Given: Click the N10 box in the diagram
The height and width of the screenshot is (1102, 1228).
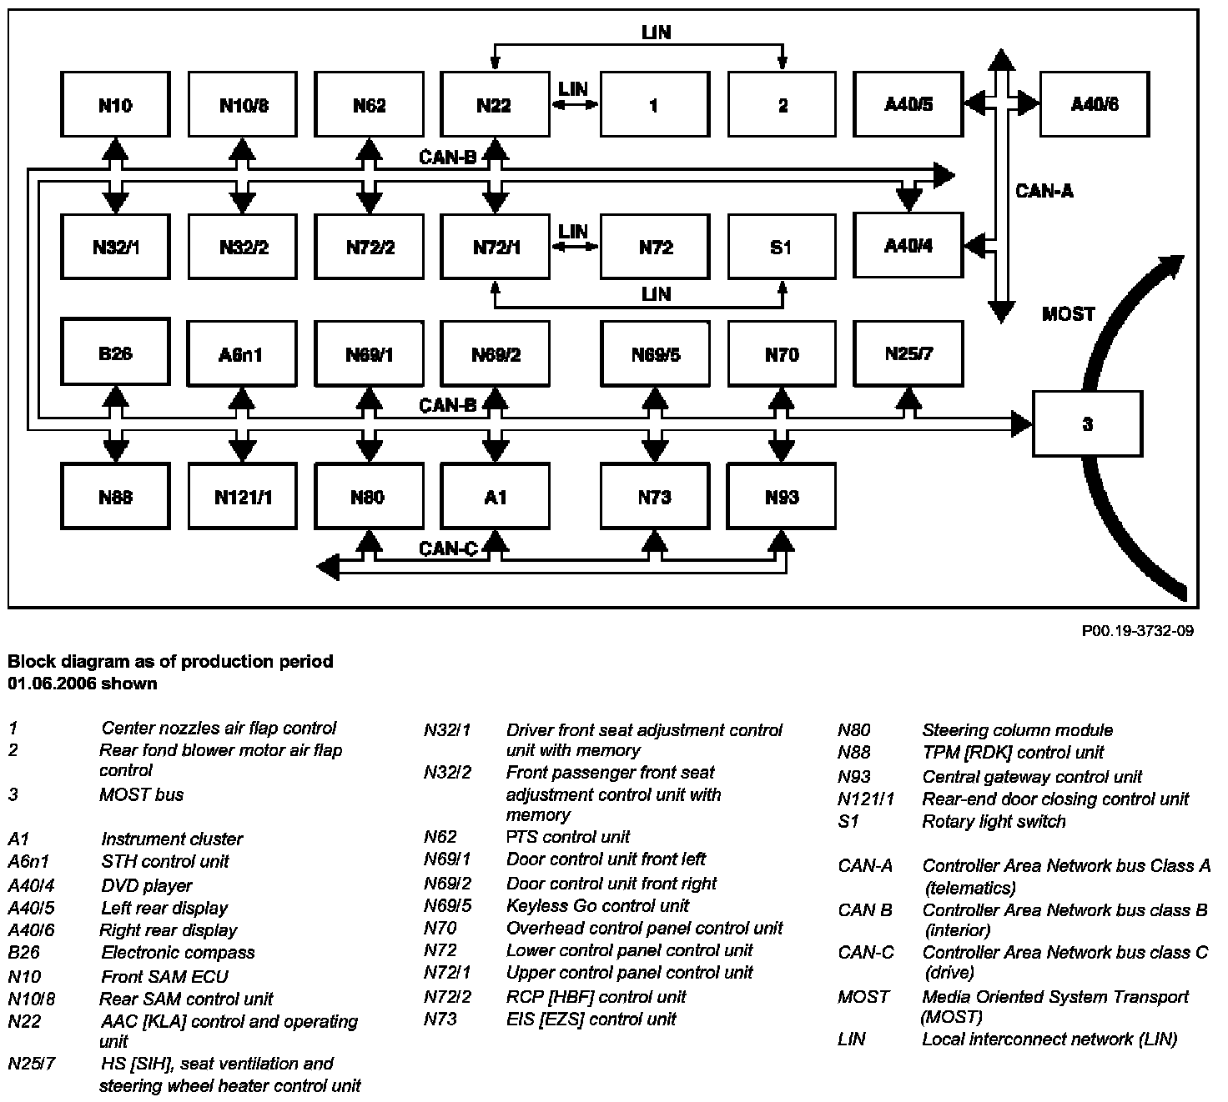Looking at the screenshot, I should click(115, 104).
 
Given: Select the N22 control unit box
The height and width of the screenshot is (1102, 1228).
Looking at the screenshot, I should click(494, 104).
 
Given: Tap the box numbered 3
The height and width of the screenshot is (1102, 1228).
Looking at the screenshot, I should click(1087, 423).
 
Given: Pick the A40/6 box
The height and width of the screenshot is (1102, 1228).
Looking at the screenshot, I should click(1094, 104).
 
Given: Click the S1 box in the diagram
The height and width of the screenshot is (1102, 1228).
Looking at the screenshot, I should click(781, 247).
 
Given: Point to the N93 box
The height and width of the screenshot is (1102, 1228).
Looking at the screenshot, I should click(781, 498).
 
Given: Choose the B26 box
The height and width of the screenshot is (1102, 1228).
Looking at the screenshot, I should click(115, 353).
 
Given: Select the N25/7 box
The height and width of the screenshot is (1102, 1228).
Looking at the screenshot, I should click(908, 353).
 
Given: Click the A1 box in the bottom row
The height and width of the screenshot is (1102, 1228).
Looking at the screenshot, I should click(494, 498).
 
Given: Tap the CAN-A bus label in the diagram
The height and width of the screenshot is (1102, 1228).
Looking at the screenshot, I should click(1044, 192).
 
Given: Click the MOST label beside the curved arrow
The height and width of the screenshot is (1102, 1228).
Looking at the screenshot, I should click(1068, 314).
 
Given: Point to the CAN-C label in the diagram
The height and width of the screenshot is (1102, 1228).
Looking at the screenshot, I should click(448, 548).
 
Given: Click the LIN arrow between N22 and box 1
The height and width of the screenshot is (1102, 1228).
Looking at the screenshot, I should click(575, 104).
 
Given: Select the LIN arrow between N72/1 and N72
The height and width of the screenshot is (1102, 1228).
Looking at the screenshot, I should click(575, 246).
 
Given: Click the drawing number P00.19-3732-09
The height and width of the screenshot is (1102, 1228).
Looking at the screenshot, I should click(1137, 631).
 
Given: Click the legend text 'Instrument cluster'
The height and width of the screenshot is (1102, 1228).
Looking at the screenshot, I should click(172, 839).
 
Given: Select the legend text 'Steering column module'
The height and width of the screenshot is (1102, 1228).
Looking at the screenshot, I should click(1017, 730).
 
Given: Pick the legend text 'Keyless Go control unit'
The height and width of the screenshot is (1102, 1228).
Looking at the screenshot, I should click(597, 905).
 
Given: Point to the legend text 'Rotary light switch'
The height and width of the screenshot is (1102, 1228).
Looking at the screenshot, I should click(994, 821).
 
